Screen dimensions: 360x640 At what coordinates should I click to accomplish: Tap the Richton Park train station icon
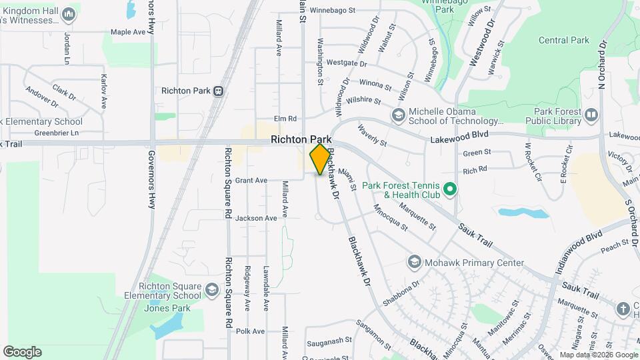point(218,91)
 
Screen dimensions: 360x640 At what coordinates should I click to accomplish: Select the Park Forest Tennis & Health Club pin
point(449,190)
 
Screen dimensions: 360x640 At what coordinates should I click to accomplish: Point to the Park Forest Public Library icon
point(591,116)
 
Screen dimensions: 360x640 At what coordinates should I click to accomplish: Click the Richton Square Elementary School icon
point(211,291)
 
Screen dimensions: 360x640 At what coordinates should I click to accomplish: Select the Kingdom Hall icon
point(67,14)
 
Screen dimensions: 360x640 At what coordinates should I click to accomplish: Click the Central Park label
point(563,41)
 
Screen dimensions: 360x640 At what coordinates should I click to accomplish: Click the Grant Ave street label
point(251,180)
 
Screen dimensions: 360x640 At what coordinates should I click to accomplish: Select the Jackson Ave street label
point(255,218)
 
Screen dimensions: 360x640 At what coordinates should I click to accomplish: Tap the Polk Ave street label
point(250,331)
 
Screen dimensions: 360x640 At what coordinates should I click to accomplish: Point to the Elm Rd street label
point(284,118)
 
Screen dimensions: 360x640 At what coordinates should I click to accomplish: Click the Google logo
point(22,352)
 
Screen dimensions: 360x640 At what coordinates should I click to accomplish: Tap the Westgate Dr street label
point(347,63)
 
